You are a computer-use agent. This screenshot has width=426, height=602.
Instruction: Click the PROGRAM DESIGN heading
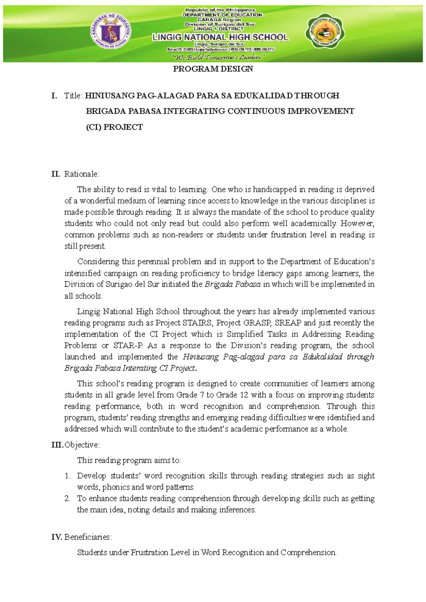[x=213, y=69]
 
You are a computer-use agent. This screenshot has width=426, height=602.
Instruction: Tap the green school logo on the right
[x=324, y=33]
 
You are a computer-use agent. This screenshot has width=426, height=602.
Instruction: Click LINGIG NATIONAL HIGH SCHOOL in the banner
[x=220, y=37]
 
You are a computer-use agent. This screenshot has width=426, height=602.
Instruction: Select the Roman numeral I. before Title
[x=54, y=96]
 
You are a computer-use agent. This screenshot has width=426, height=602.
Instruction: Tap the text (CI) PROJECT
[x=114, y=127]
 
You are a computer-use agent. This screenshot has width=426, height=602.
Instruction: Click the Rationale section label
[x=82, y=174]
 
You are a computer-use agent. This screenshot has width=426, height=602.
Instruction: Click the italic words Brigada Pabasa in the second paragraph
[x=233, y=284]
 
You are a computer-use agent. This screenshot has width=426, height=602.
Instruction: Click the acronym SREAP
[x=288, y=323]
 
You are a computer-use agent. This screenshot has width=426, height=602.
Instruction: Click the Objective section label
[x=82, y=445]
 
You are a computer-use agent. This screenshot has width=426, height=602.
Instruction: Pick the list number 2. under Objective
[x=67, y=498]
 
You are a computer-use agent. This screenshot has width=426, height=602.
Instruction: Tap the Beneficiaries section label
[x=88, y=537]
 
